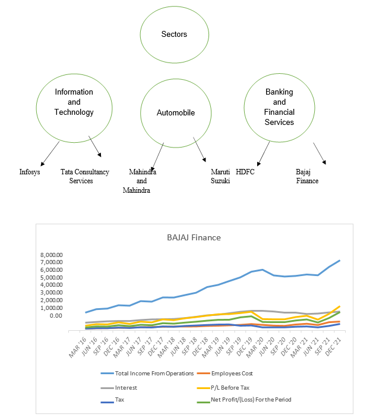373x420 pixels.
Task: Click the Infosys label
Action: tap(30, 172)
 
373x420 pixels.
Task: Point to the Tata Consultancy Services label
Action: tap(85, 176)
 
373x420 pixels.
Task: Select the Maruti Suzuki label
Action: tap(220, 176)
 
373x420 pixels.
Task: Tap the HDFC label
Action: tap(245, 172)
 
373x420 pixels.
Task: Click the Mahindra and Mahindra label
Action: tap(140, 181)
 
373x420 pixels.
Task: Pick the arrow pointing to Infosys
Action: tap(50, 153)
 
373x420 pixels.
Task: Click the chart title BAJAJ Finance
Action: tap(194, 237)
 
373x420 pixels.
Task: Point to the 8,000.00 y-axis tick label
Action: tap(51, 255)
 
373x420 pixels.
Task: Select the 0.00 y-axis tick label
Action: tap(56, 316)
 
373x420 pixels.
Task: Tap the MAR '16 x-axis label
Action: tap(78, 347)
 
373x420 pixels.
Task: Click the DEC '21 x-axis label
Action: tap(333, 347)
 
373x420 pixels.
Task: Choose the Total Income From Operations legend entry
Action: tap(147, 374)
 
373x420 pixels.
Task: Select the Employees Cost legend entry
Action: tap(225, 374)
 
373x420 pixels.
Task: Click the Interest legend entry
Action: tap(119, 388)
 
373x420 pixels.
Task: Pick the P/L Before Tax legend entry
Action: tap(223, 388)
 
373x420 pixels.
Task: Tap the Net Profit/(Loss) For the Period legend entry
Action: tap(244, 400)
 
